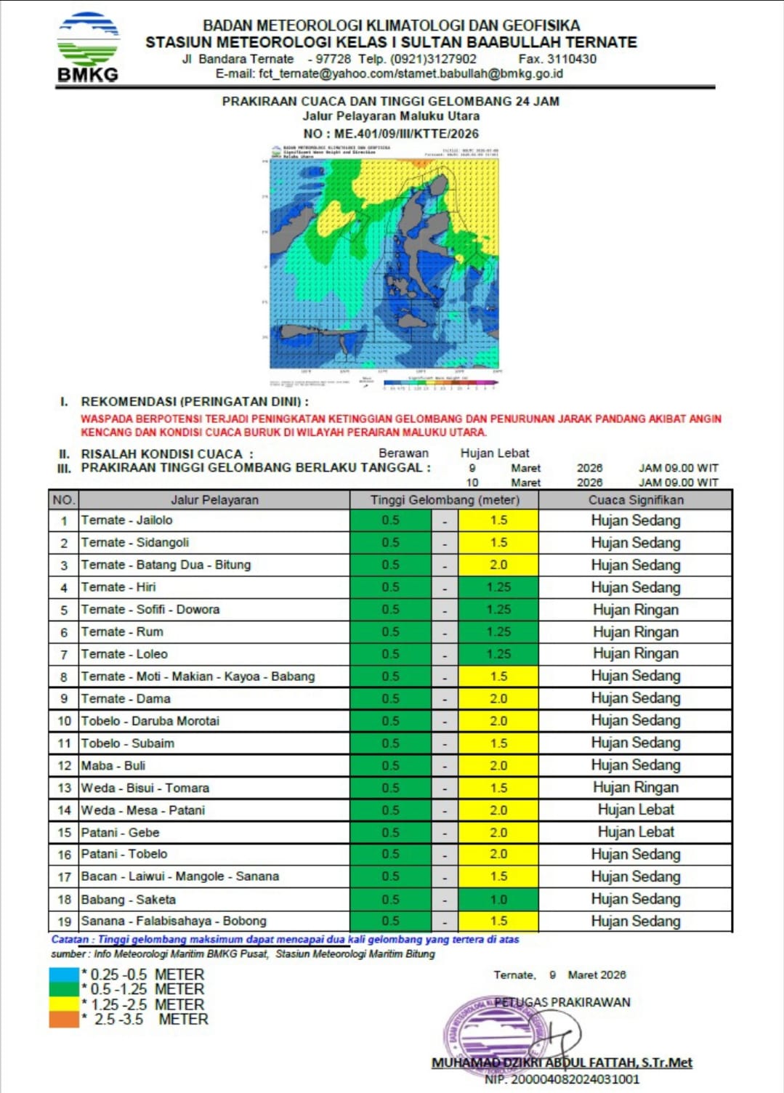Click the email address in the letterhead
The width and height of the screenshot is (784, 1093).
tap(389, 73)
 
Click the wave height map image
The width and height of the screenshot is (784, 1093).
tap(384, 265)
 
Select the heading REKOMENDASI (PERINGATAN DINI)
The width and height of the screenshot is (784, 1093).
tap(194, 402)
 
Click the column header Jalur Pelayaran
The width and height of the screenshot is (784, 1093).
tap(214, 500)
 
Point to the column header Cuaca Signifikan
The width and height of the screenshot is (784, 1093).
tap(635, 500)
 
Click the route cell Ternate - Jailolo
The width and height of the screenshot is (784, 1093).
tap(127, 520)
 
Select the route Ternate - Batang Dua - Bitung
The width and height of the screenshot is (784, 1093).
tap(166, 565)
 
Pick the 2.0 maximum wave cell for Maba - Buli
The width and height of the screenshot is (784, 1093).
tap(498, 765)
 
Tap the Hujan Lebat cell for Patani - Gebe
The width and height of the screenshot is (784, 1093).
tap(635, 832)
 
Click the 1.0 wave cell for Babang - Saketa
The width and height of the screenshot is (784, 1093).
tap(498, 899)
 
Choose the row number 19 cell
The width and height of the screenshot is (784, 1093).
tap(64, 921)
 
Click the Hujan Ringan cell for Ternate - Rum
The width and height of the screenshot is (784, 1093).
tap(635, 632)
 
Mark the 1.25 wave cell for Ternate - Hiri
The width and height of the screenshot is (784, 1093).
tap(498, 587)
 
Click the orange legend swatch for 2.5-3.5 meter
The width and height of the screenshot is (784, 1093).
tap(64, 1020)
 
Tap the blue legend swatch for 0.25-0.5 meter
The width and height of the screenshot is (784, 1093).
tap(64, 975)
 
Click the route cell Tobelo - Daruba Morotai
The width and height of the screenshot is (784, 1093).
tap(150, 721)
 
